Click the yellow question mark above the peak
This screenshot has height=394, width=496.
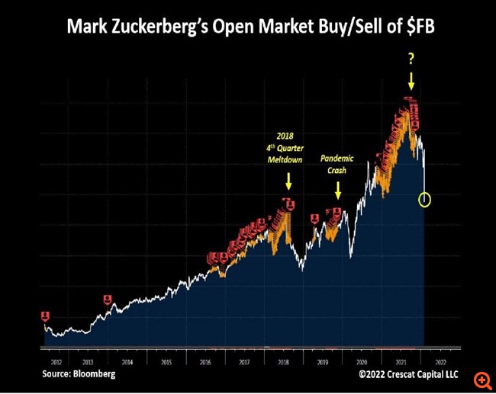point(411,59)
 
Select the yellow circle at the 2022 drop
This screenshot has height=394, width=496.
point(425,200)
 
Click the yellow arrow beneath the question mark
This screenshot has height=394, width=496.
point(411,82)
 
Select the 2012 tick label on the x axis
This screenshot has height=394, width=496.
point(55,363)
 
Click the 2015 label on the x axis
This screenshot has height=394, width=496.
point(166,363)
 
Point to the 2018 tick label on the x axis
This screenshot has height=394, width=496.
point(283,363)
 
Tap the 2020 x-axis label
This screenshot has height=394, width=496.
point(361,363)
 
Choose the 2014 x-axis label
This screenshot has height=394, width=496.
point(127,363)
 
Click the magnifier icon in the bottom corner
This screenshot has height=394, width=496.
point(482,380)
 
